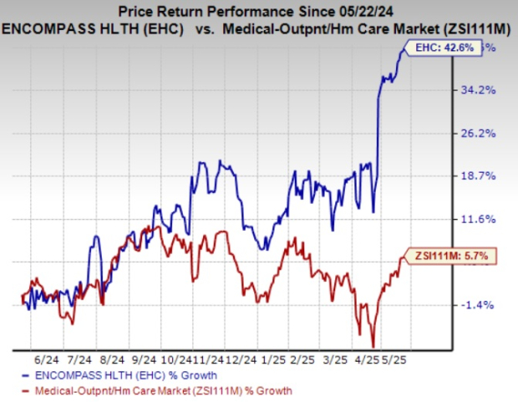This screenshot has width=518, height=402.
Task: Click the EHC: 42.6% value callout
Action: coord(444,48)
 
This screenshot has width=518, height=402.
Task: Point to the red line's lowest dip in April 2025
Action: coord(373,345)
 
